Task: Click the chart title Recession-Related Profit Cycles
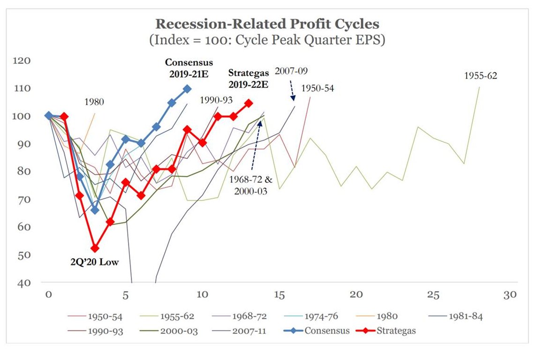pos(267,24)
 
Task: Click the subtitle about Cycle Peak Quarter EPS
pos(267,40)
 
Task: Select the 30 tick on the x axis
pos(509,295)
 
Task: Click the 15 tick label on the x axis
pos(279,295)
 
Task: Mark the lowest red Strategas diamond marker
pos(95,248)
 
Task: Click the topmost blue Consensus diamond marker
pos(187,89)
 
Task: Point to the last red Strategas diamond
pos(249,103)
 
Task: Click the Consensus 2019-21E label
pos(189,67)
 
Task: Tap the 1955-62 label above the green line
pos(480,75)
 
